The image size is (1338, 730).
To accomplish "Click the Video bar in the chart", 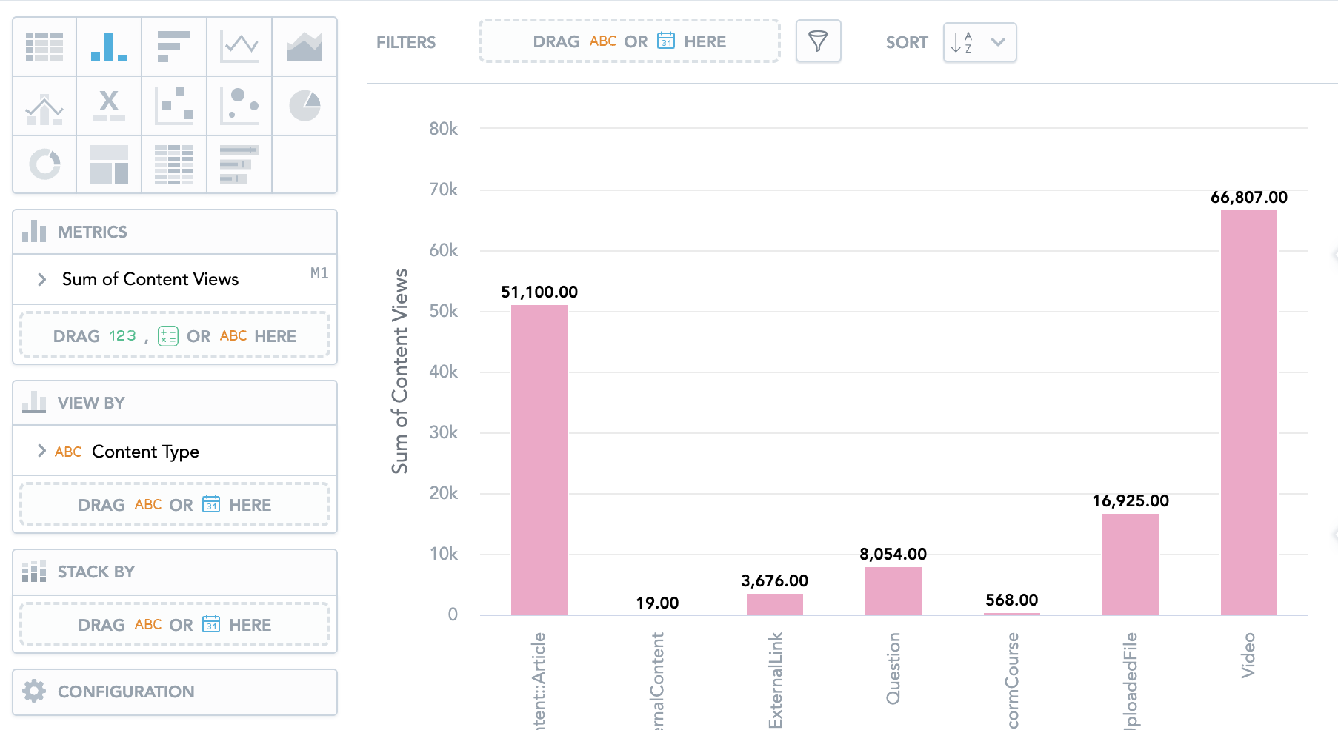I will [x=1248, y=412].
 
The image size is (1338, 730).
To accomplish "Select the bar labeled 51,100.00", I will [x=539, y=459].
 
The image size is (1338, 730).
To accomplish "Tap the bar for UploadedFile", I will [x=1130, y=563].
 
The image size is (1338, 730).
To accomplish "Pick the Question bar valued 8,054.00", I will [x=893, y=590].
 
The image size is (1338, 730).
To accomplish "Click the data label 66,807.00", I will [x=1248, y=198].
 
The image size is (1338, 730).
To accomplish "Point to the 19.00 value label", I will [x=657, y=603].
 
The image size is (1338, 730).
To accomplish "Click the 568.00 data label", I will [x=1011, y=600].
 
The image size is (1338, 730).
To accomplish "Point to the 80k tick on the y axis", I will [x=443, y=130].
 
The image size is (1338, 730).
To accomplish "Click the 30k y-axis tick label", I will [x=443, y=432].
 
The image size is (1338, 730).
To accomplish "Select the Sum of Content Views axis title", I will [x=400, y=371].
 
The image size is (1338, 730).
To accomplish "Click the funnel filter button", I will [x=818, y=41].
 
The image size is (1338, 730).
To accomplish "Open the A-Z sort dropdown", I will [x=979, y=42].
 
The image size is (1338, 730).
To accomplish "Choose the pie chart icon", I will [x=304, y=106].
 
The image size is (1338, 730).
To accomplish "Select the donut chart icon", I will [x=44, y=164].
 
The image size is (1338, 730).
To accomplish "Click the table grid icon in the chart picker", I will [x=44, y=47].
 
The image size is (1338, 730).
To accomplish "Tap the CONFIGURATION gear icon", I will [x=34, y=692].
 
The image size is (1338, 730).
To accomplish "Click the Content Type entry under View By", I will [x=145, y=452].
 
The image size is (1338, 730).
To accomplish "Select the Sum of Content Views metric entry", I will [x=150, y=279].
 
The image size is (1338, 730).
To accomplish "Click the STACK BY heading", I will [x=96, y=572].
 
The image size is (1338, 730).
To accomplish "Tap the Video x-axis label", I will [x=1248, y=655].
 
